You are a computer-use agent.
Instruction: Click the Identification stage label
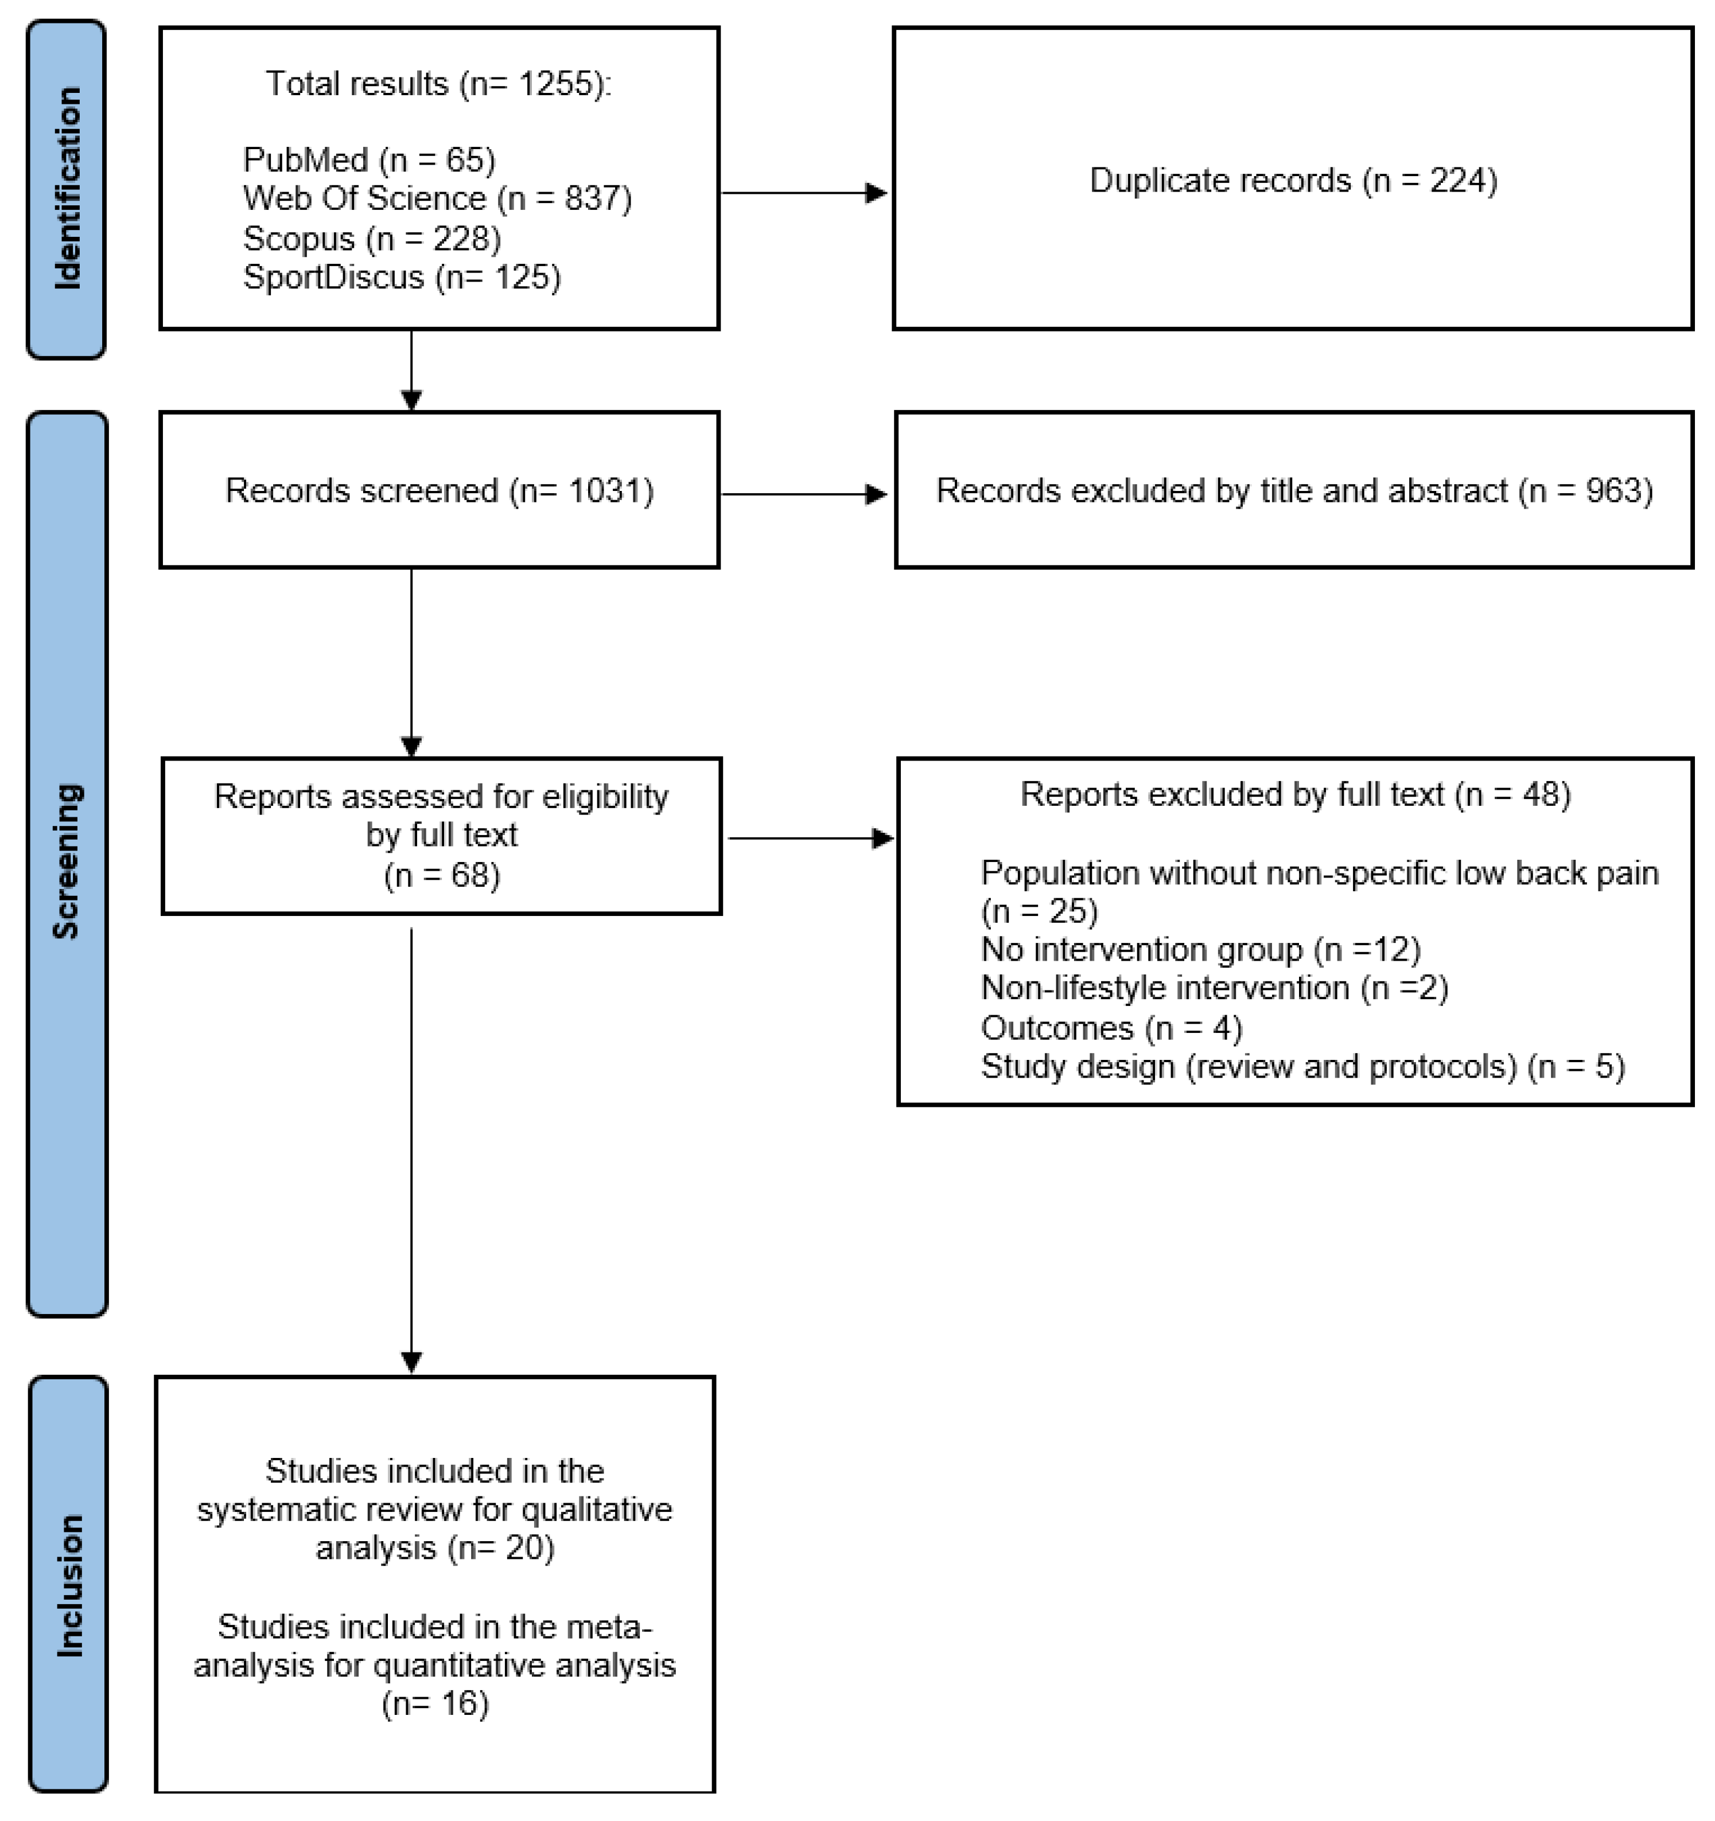click(x=67, y=189)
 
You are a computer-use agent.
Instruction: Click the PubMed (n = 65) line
click(x=369, y=160)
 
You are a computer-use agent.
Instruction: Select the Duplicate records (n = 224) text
click(x=1293, y=181)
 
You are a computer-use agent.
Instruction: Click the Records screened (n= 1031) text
click(x=439, y=491)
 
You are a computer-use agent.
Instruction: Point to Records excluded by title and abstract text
click(x=1294, y=491)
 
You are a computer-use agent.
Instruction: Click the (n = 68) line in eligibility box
click(x=442, y=876)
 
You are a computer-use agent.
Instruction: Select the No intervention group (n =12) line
click(x=1200, y=950)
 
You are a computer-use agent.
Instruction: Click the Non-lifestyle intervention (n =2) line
click(x=1214, y=988)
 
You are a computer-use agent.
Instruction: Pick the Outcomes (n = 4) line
click(x=1111, y=1028)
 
